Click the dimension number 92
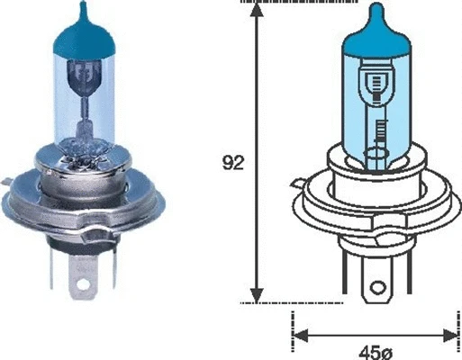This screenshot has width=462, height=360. tap(232, 163)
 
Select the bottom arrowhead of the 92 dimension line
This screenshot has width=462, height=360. tap(258, 296)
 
